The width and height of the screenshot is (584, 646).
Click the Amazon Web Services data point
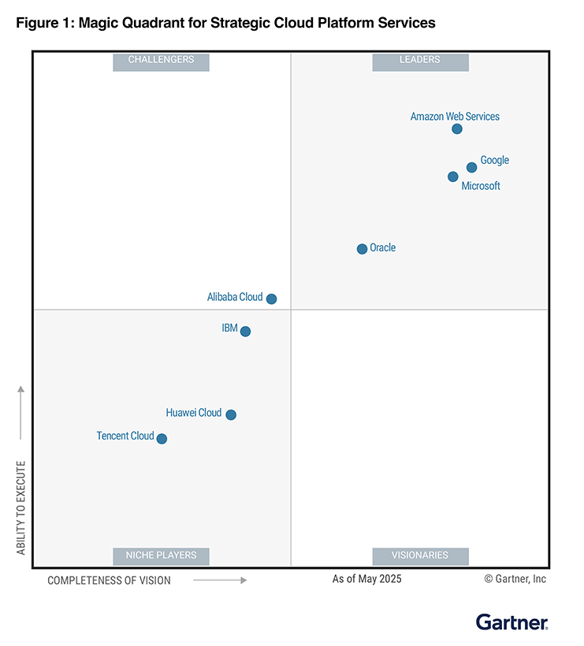click(457, 129)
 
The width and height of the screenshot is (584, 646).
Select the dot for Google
click(471, 167)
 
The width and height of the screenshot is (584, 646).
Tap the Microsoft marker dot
click(452, 176)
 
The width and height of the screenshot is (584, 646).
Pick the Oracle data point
click(362, 249)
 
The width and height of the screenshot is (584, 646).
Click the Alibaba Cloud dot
click(271, 299)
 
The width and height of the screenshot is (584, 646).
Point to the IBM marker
click(245, 332)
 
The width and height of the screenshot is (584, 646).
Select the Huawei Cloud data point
click(231, 414)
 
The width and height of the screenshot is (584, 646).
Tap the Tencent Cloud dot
click(162, 439)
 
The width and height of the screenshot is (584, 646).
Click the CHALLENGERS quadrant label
click(161, 61)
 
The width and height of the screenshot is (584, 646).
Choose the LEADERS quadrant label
click(420, 61)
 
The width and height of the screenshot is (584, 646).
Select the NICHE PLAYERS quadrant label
click(161, 555)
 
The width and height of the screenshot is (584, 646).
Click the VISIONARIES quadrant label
click(420, 555)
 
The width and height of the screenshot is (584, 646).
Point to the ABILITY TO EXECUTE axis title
click(21, 507)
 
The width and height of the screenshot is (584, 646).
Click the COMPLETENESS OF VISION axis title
click(109, 581)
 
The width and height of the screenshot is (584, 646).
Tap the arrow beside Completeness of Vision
click(220, 580)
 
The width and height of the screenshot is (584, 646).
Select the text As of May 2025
click(366, 579)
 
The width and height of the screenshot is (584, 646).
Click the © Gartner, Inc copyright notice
click(515, 579)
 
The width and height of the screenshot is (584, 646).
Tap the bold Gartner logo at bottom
click(511, 622)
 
